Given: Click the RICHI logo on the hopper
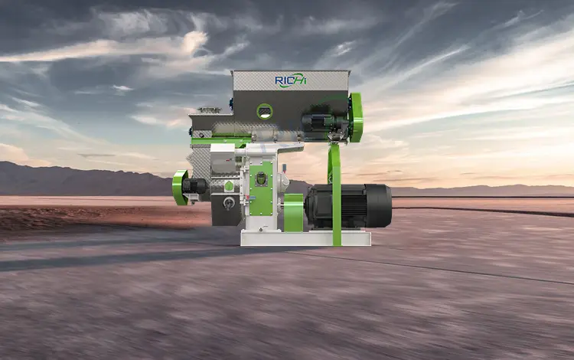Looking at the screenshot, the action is point(291,80).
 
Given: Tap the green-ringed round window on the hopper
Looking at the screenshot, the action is point(264,111).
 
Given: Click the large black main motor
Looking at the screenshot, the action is point(347,205).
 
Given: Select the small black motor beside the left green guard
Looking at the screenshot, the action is point(194,186).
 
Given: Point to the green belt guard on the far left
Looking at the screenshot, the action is point(179,188).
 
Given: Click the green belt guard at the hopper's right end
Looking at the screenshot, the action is point(355,117).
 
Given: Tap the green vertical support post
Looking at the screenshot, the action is point(335,194).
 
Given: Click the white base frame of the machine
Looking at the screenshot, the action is point(305,238).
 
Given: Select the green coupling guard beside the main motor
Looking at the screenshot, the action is point(294,213).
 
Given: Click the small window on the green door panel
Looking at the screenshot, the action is point(261,179).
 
